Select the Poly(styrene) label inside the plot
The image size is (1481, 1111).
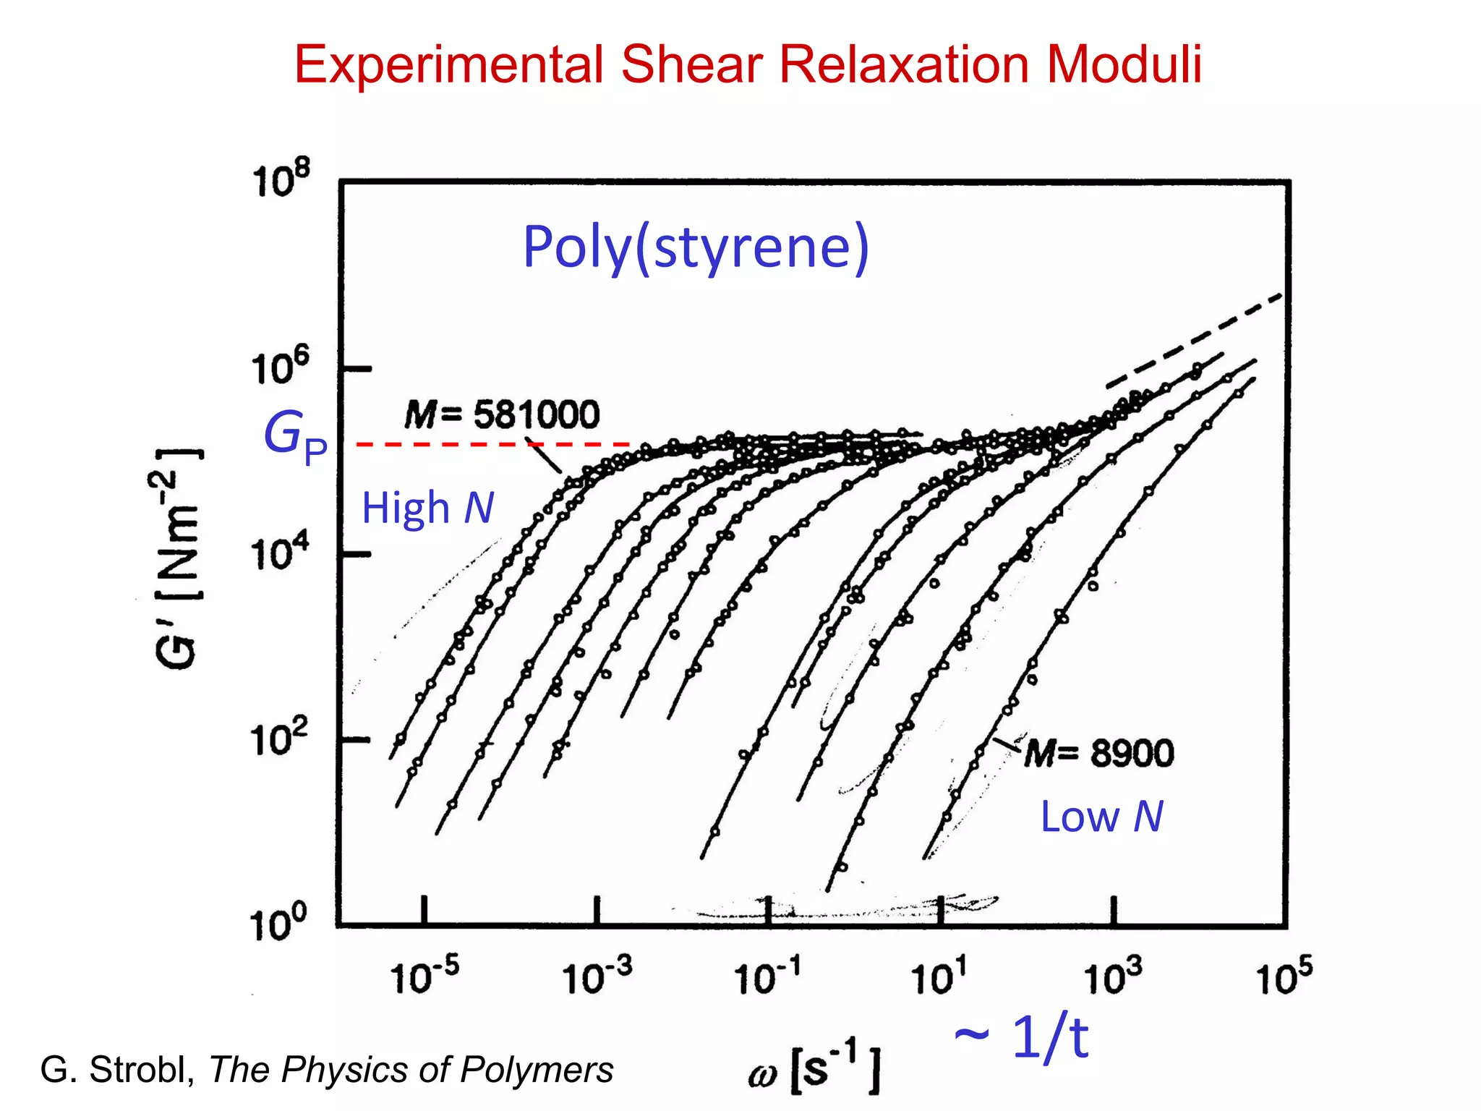click(696, 247)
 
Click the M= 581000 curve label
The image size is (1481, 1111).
click(502, 415)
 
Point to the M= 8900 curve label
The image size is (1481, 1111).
click(1099, 754)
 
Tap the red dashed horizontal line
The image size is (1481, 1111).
click(492, 444)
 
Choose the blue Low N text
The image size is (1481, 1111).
click(1101, 817)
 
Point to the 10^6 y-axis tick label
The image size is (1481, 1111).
click(281, 367)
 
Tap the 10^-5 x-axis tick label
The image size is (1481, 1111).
click(424, 977)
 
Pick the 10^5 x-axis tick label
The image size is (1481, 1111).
click(1284, 977)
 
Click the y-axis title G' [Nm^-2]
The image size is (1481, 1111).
click(177, 558)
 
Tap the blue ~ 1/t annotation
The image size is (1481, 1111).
click(1021, 1038)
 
